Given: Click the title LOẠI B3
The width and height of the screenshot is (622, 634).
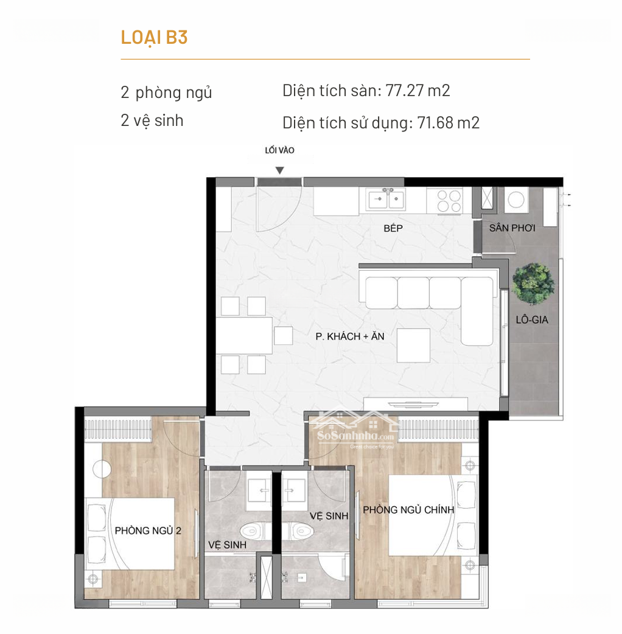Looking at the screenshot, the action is (154, 38).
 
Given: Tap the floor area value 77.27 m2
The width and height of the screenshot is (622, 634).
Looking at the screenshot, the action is (418, 91).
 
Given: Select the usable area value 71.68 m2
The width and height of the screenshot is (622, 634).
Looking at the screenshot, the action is (448, 122).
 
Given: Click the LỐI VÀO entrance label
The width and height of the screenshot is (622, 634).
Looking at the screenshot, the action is (279, 150).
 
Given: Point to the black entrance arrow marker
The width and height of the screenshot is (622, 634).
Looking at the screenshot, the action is (279, 170).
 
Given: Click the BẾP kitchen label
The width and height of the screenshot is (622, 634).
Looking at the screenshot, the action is (393, 228).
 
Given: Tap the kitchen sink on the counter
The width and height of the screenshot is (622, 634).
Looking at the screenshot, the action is (386, 198).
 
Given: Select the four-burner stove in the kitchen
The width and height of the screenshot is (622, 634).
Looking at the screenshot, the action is (449, 201).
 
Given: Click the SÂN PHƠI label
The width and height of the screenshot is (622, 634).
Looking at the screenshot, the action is (512, 228).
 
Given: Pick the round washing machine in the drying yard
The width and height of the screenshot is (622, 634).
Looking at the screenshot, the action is (516, 200).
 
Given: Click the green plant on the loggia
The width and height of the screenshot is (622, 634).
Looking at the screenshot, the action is (533, 284).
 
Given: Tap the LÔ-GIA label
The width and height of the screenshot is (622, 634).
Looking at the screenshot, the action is (532, 320).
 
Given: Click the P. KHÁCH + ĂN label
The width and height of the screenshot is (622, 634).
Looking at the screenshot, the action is (350, 336).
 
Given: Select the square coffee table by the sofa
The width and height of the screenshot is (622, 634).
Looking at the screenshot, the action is (413, 346).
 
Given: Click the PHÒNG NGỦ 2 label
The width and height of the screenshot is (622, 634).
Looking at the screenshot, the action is (148, 531).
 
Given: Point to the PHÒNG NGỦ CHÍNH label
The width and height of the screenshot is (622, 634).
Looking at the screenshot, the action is (408, 510).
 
